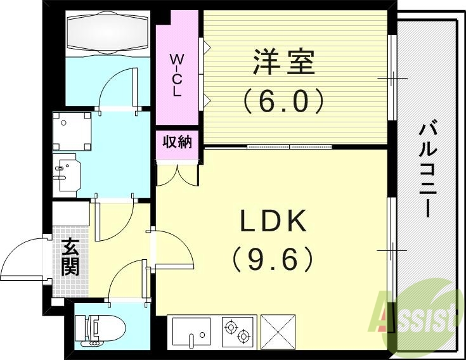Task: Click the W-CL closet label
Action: [176, 75]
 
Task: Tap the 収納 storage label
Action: [177, 142]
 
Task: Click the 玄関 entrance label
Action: [70, 257]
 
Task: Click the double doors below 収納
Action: [177, 174]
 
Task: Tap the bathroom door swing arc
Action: [117, 89]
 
